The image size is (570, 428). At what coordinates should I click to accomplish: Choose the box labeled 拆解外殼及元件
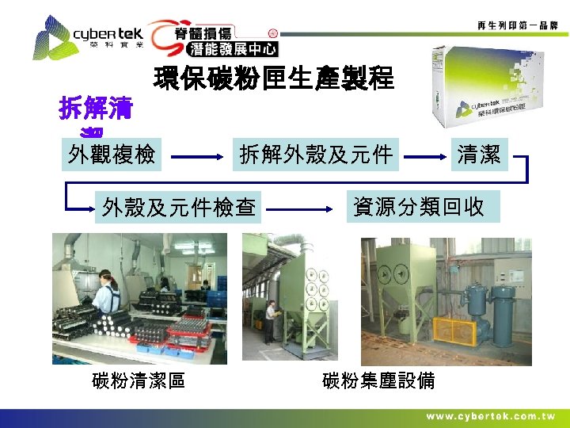316,155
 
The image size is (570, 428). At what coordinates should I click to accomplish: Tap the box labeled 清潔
479,155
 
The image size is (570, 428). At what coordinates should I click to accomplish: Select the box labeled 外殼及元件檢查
178,208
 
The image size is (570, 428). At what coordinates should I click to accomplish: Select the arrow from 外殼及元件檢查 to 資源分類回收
304,209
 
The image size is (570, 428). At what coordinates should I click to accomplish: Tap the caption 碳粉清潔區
139,380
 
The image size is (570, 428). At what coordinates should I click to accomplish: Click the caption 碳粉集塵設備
378,380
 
